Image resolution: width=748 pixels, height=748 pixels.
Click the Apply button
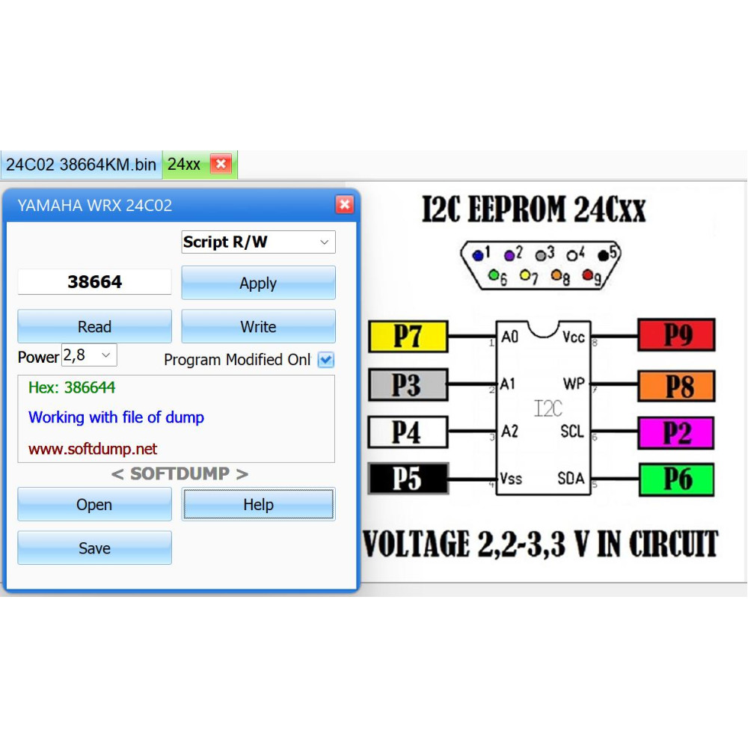click(258, 283)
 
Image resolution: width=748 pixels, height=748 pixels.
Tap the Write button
click(258, 326)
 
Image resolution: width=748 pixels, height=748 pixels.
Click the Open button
click(94, 504)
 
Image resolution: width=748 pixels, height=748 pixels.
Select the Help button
click(258, 504)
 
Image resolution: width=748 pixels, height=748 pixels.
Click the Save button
click(94, 548)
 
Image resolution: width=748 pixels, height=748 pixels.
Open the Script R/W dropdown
click(258, 242)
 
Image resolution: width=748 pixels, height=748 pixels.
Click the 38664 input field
click(94, 281)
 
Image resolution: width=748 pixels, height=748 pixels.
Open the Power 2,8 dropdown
click(89, 355)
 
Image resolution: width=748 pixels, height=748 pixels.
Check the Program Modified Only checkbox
click(326, 360)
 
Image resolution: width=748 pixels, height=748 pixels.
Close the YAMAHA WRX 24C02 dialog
click(344, 205)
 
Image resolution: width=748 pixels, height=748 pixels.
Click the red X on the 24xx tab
click(221, 164)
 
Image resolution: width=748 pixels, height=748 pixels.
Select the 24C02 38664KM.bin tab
click(81, 165)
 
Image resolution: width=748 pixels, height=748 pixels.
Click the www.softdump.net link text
click(93, 449)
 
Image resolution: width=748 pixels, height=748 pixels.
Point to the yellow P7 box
click(408, 337)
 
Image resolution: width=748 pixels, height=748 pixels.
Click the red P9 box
click(676, 335)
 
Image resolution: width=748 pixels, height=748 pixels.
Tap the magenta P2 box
click(676, 432)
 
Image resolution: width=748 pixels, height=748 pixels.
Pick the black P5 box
click(408, 479)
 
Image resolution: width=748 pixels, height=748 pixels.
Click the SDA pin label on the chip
click(571, 478)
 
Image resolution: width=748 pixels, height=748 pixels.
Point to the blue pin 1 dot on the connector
click(477, 256)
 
